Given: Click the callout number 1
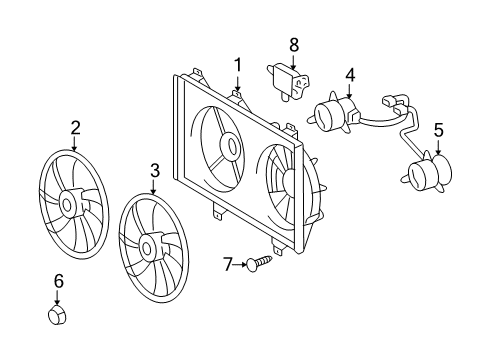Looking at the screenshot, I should [238, 65].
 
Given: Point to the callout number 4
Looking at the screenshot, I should [350, 74].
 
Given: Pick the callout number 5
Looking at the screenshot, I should [437, 130].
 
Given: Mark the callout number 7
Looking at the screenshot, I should [227, 264].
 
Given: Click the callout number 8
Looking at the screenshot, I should [294, 44].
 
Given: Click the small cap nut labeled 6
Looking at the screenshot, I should [57, 317].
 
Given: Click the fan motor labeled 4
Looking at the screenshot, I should [333, 112].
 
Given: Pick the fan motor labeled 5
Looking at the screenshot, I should [427, 172].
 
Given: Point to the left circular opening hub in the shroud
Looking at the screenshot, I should [230, 146].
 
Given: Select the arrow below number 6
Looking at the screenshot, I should [57, 297].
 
